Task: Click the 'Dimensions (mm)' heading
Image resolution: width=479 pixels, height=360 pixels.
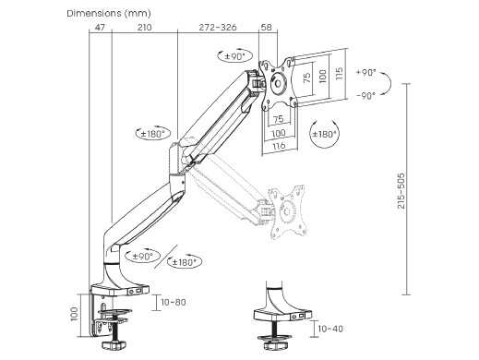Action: pos(109,14)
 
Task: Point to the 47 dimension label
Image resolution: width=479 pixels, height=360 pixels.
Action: pos(100,28)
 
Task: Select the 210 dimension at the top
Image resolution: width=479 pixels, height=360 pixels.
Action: pos(144,28)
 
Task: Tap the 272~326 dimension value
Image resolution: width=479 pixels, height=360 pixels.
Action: pos(218,28)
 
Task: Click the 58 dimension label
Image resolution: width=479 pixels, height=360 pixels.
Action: pos(267,28)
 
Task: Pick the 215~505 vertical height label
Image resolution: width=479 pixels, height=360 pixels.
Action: pos(401,191)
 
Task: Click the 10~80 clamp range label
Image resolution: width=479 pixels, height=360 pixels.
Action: pos(174,302)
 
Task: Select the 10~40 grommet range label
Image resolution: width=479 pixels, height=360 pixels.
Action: pos(330,329)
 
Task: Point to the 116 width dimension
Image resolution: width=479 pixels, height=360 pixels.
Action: pos(279,146)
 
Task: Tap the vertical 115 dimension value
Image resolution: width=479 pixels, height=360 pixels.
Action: pos(339,74)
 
